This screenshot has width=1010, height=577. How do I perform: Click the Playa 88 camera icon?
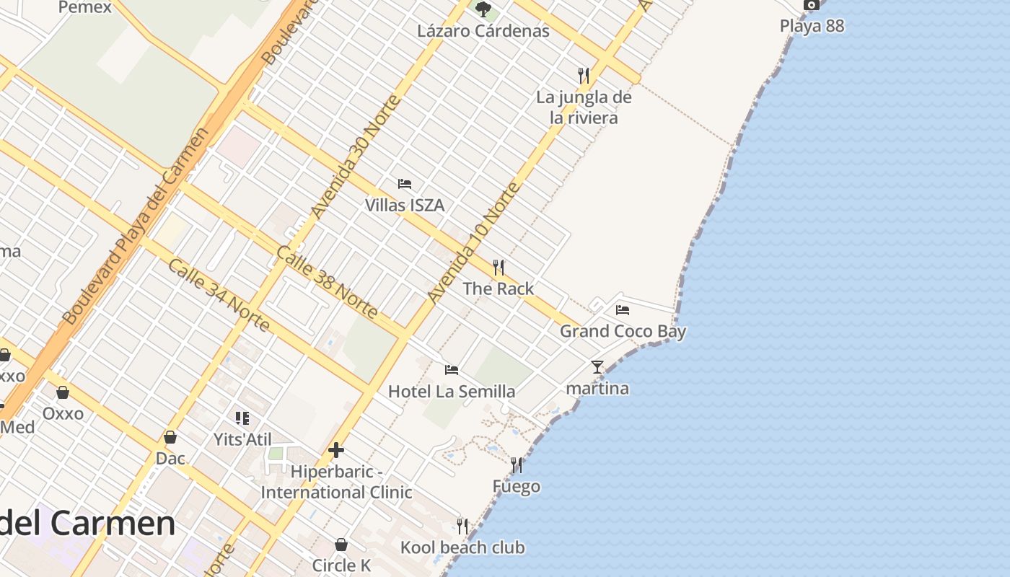point(812,5)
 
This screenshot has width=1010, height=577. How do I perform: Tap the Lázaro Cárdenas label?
point(483,31)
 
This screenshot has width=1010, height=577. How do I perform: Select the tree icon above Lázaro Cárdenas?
point(483,9)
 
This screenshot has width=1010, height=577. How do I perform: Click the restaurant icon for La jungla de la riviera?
point(584,74)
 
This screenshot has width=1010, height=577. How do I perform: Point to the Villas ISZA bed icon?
point(405,184)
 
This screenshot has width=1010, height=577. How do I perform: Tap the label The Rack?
point(498,288)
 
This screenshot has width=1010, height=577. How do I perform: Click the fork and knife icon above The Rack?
point(498,268)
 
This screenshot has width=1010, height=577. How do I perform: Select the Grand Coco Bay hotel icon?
point(623,310)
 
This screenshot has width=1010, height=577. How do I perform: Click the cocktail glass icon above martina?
point(597,367)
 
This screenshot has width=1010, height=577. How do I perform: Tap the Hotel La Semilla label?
point(452,392)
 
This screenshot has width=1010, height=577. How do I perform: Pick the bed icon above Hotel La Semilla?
point(452,370)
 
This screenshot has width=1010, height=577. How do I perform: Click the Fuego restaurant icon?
point(516,465)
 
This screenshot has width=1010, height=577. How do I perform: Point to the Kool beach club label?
point(462,547)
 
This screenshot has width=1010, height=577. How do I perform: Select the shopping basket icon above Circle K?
point(341,544)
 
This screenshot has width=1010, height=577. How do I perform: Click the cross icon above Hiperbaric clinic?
point(335,451)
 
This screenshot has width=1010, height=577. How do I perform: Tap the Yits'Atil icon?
point(242,418)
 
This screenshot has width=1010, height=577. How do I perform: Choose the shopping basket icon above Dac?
point(170,437)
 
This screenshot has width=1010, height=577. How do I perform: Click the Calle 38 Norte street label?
point(327,282)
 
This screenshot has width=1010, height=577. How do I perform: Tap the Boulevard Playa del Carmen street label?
point(136,226)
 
